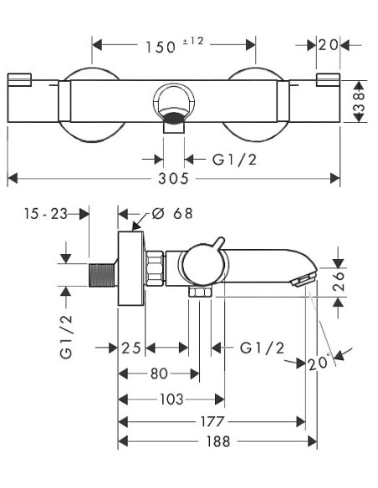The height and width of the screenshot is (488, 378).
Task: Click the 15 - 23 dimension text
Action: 46,214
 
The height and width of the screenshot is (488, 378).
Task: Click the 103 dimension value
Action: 171,400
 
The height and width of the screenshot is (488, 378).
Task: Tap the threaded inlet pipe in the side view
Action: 103,274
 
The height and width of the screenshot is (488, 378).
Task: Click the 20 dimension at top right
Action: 328,45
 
